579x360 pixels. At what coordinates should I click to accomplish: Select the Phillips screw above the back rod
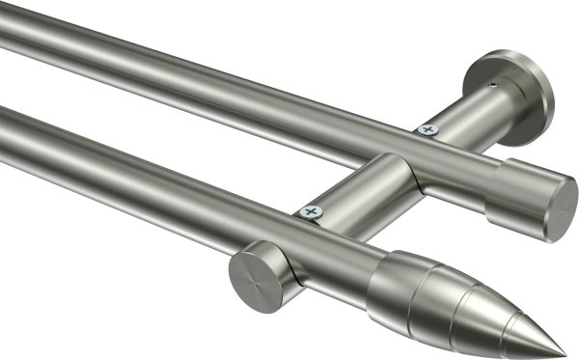pos(427,128)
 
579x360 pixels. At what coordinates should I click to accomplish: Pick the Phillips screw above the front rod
pos(310,210)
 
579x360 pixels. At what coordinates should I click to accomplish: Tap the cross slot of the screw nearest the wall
pos(427,128)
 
